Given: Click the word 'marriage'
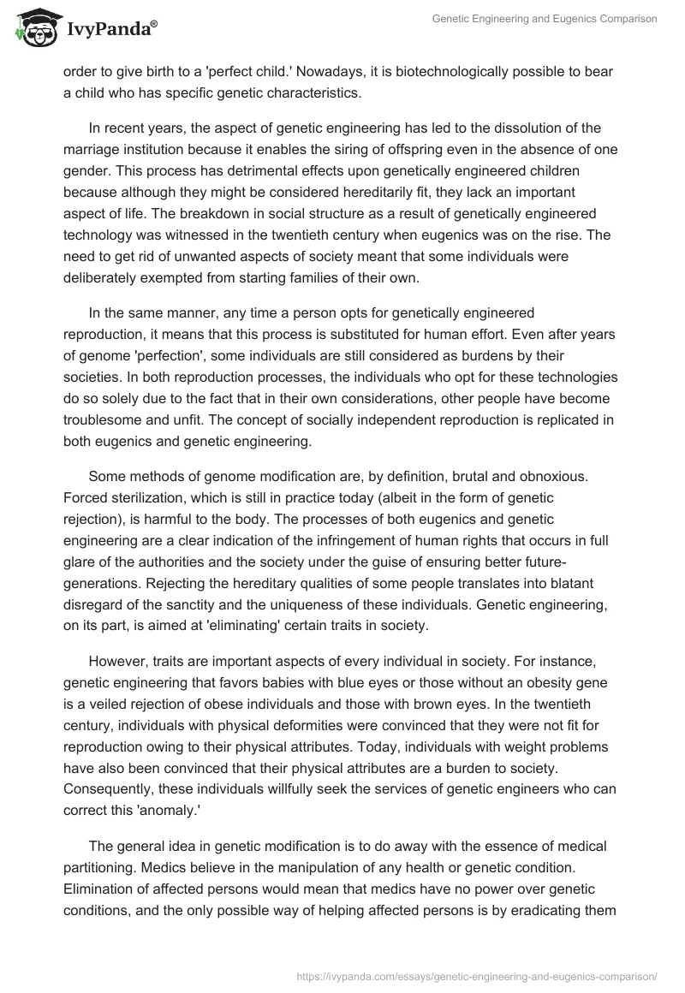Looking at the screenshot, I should (x=92, y=151).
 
